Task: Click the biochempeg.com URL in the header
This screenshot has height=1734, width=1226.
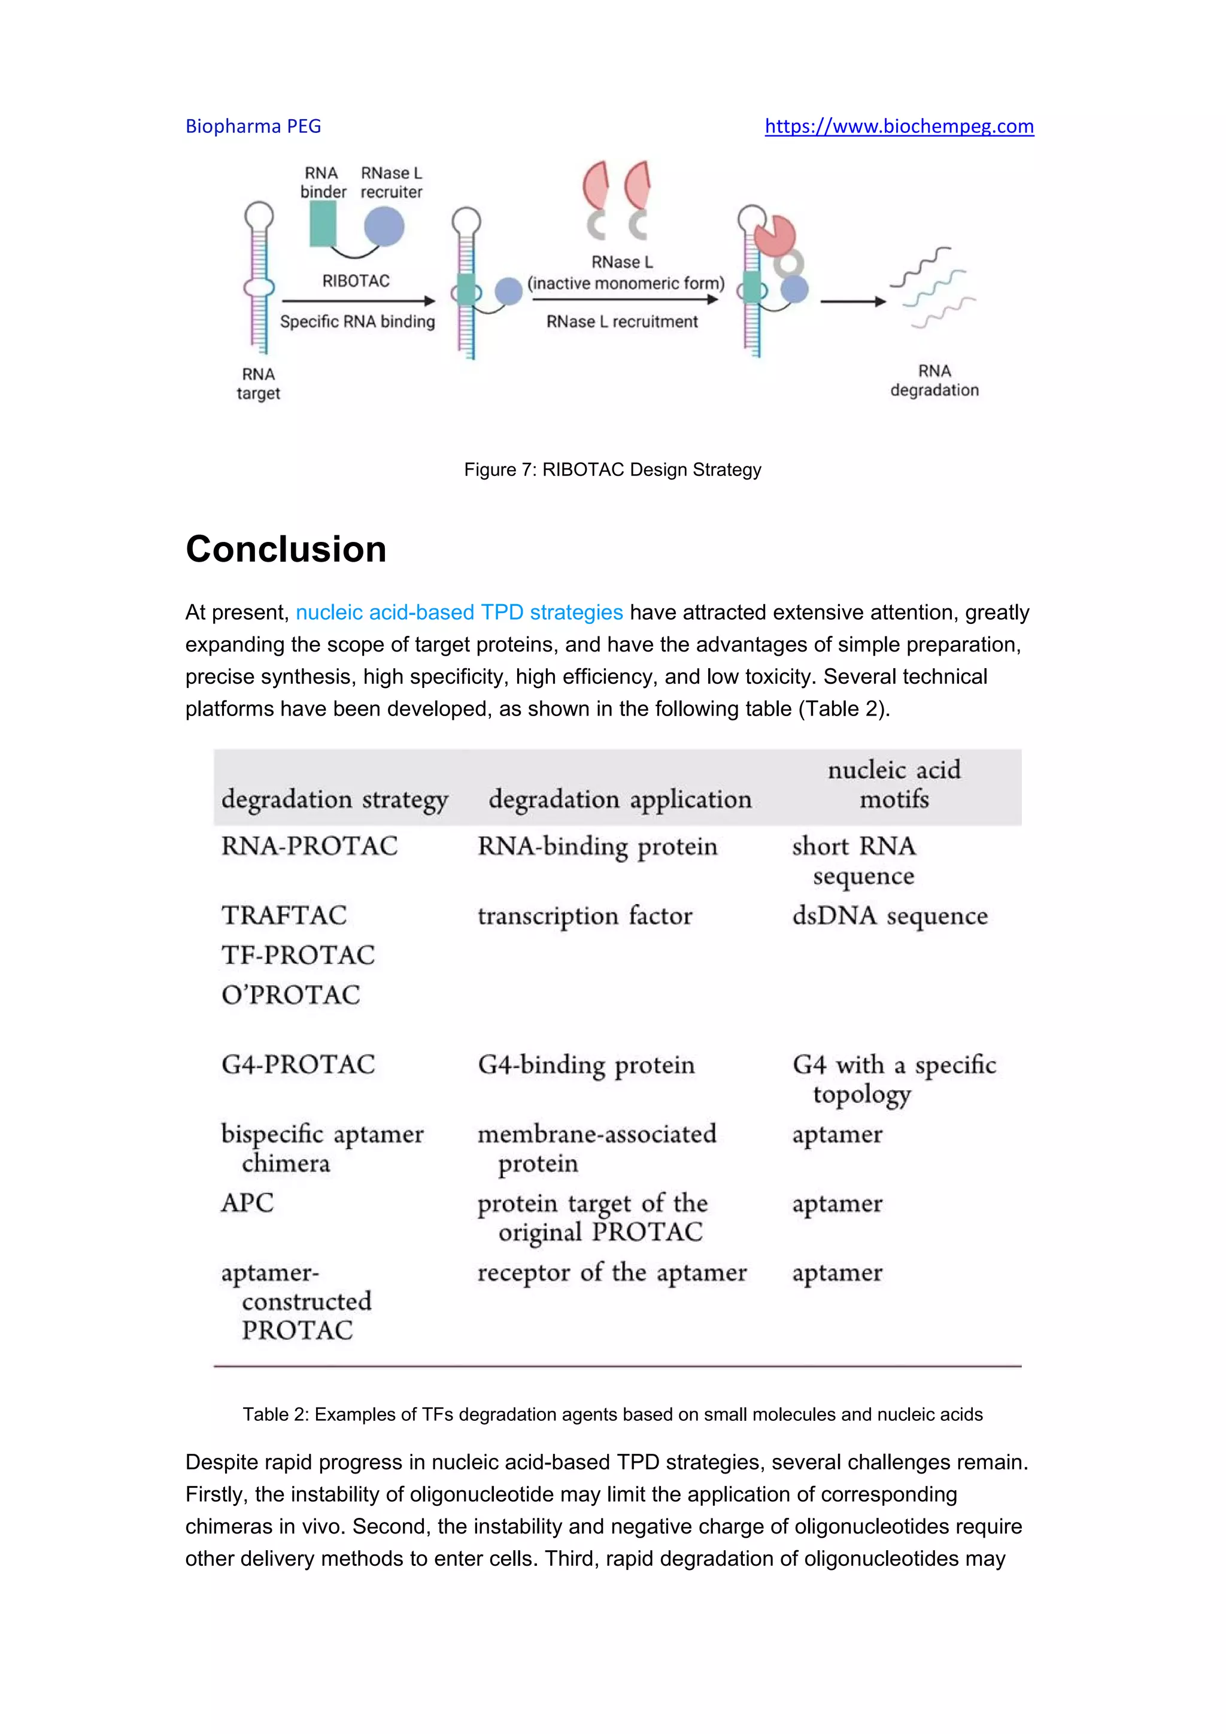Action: pyautogui.click(x=899, y=126)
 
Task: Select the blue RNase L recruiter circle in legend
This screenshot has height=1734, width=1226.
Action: pyautogui.click(x=384, y=226)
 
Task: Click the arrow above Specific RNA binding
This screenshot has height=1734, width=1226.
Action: pyautogui.click(x=358, y=301)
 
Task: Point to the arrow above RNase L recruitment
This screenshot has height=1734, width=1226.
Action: pyautogui.click(x=624, y=300)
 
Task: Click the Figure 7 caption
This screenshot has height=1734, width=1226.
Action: pyautogui.click(x=612, y=470)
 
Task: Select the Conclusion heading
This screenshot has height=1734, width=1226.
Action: pyautogui.click(x=286, y=549)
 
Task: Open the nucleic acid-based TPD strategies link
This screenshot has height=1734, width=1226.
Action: pyautogui.click(x=459, y=612)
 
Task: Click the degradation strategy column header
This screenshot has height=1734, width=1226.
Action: pyautogui.click(x=335, y=799)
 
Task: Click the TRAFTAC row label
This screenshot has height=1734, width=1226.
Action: pyautogui.click(x=284, y=915)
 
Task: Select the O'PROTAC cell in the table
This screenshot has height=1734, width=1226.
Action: pyautogui.click(x=291, y=995)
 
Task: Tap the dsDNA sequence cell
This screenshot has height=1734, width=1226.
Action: pyautogui.click(x=890, y=916)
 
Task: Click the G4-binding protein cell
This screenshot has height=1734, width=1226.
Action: pyautogui.click(x=586, y=1065)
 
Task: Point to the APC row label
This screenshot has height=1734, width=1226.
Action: pyautogui.click(x=247, y=1202)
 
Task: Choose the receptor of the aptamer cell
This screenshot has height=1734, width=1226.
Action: pyautogui.click(x=611, y=1272)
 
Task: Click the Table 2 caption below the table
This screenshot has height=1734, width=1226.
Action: pyautogui.click(x=612, y=1414)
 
